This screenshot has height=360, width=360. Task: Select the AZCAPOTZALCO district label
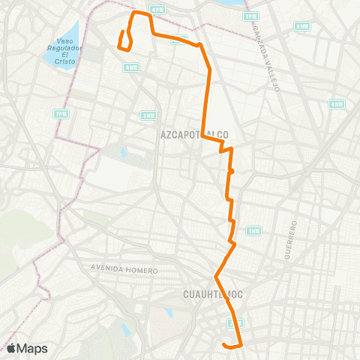point(194,135)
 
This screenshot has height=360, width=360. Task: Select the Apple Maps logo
point(27,348)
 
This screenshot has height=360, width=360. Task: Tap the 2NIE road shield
point(148,115)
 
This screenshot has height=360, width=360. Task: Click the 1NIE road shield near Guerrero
point(253,230)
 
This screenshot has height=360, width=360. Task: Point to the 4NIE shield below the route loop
point(131,67)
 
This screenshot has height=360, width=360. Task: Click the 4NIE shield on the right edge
point(337,104)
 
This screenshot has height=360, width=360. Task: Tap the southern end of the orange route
point(224,344)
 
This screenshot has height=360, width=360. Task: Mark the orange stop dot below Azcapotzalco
point(232,172)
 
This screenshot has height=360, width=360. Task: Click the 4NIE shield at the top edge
point(157,9)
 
